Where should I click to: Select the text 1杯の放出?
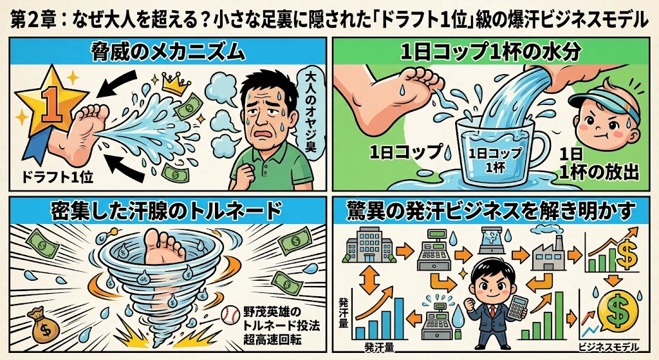pyautogui.click(x=599, y=172)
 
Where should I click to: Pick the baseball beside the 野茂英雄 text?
pyautogui.click(x=230, y=314)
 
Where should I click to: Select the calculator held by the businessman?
pyautogui.click(x=518, y=307)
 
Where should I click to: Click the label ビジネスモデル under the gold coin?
pyautogui.click(x=609, y=347)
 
